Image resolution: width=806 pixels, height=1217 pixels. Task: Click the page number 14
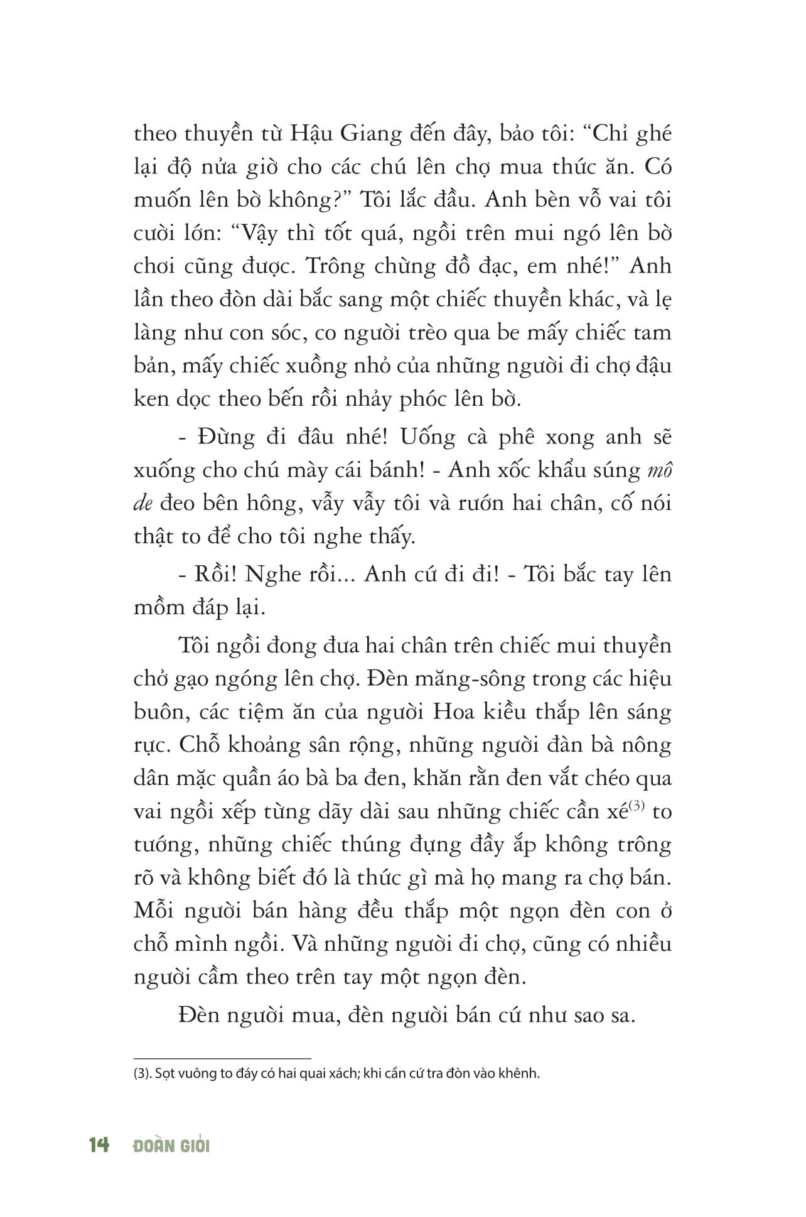pos(99,1145)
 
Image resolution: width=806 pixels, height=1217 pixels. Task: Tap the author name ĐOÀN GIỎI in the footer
pos(171,1145)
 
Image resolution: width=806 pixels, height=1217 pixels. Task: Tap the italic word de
pos(144,504)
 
